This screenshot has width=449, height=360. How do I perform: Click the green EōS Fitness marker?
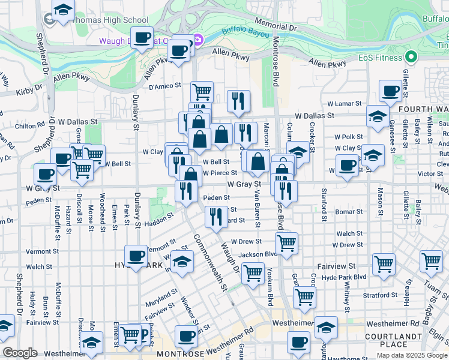point(411,58)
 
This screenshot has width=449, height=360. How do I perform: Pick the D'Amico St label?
point(164,86)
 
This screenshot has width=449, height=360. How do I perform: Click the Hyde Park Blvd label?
point(344,277)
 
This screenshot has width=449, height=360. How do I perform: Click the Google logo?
point(20,353)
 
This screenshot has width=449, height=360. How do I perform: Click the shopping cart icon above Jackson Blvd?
point(287,244)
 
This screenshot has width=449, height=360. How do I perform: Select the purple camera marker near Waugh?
point(198,40)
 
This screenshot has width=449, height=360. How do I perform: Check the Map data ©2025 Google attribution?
point(412,355)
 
